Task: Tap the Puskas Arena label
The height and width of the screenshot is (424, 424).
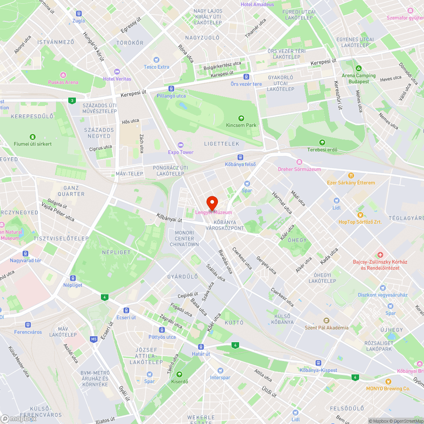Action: (63, 82)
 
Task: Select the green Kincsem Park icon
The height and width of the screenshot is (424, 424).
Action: (241, 118)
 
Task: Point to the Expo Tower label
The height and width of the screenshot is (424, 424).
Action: (181, 152)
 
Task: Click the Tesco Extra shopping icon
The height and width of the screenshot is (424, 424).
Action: (156, 60)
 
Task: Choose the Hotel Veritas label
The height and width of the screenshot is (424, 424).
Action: (117, 79)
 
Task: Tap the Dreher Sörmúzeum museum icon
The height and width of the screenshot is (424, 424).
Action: (299, 162)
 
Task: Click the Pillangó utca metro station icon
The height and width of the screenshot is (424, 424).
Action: (171, 89)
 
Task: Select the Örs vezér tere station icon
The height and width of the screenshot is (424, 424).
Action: (246, 77)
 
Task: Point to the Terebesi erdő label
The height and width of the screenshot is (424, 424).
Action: (322, 150)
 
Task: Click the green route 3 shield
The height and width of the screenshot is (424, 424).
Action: (73, 100)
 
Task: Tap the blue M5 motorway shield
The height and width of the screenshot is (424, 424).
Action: (94, 339)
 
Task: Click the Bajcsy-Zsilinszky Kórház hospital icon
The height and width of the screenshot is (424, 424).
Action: (380, 255)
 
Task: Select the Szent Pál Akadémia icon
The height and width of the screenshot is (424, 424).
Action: (326, 321)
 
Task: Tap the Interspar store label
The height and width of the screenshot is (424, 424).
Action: (220, 377)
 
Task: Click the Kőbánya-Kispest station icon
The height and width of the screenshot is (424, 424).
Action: (318, 363)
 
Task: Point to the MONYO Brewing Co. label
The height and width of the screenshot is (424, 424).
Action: (388, 388)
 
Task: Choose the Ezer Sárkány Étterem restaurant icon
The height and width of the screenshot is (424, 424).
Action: (351, 176)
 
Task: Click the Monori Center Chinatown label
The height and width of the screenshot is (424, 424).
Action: (184, 239)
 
